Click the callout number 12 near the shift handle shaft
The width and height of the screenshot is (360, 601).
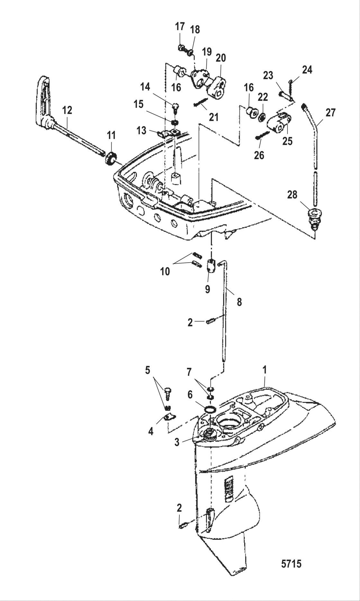pos(67,110)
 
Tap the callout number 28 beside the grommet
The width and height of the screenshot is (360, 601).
pos(292,195)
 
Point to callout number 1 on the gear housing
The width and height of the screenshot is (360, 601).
pos(265,370)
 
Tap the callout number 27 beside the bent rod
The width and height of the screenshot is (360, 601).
pos(330,113)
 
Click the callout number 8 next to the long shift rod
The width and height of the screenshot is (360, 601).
pos(239,302)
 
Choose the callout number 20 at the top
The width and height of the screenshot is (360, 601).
pos(221,58)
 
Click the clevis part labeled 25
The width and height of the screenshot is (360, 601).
pos(281,124)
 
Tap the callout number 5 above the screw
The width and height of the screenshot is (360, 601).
pos(148,370)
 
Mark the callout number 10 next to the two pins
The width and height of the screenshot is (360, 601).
pos(165,272)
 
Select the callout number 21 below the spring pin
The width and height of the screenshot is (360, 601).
pos(213,117)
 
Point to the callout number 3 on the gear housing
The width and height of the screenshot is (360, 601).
pos(177,442)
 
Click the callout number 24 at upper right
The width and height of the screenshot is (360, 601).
pos(307,70)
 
